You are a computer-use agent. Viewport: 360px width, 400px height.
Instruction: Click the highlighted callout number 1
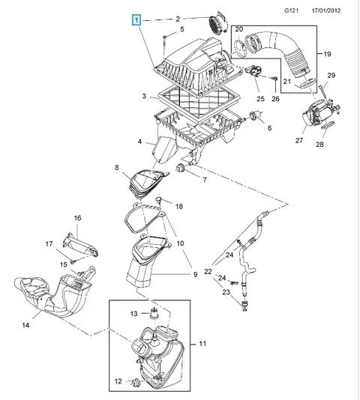coord(136,20)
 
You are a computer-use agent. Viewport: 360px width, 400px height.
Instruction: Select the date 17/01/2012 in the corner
coord(326,10)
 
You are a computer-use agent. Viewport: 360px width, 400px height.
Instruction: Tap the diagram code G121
coord(291,10)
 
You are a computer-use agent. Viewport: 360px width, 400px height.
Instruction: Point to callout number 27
coord(299,140)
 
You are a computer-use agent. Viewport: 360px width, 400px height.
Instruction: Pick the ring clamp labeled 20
coord(239,46)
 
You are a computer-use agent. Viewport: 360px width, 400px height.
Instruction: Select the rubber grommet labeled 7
coord(181,168)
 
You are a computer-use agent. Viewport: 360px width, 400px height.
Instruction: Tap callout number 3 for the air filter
coord(144,96)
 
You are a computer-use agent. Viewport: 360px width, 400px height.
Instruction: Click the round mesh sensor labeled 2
coord(217,23)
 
